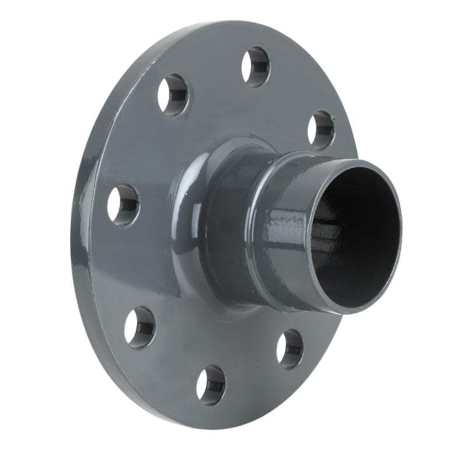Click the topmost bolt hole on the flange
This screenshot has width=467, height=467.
click(256, 67)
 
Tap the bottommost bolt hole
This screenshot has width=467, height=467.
click(211, 385)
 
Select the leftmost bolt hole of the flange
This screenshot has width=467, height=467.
click(123, 204)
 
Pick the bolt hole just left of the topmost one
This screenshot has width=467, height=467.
click(174, 95)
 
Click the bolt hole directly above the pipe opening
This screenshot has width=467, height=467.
click(321, 130)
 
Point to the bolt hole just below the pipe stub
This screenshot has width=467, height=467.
click(290, 348)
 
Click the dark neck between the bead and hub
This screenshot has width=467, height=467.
click(228, 233)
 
